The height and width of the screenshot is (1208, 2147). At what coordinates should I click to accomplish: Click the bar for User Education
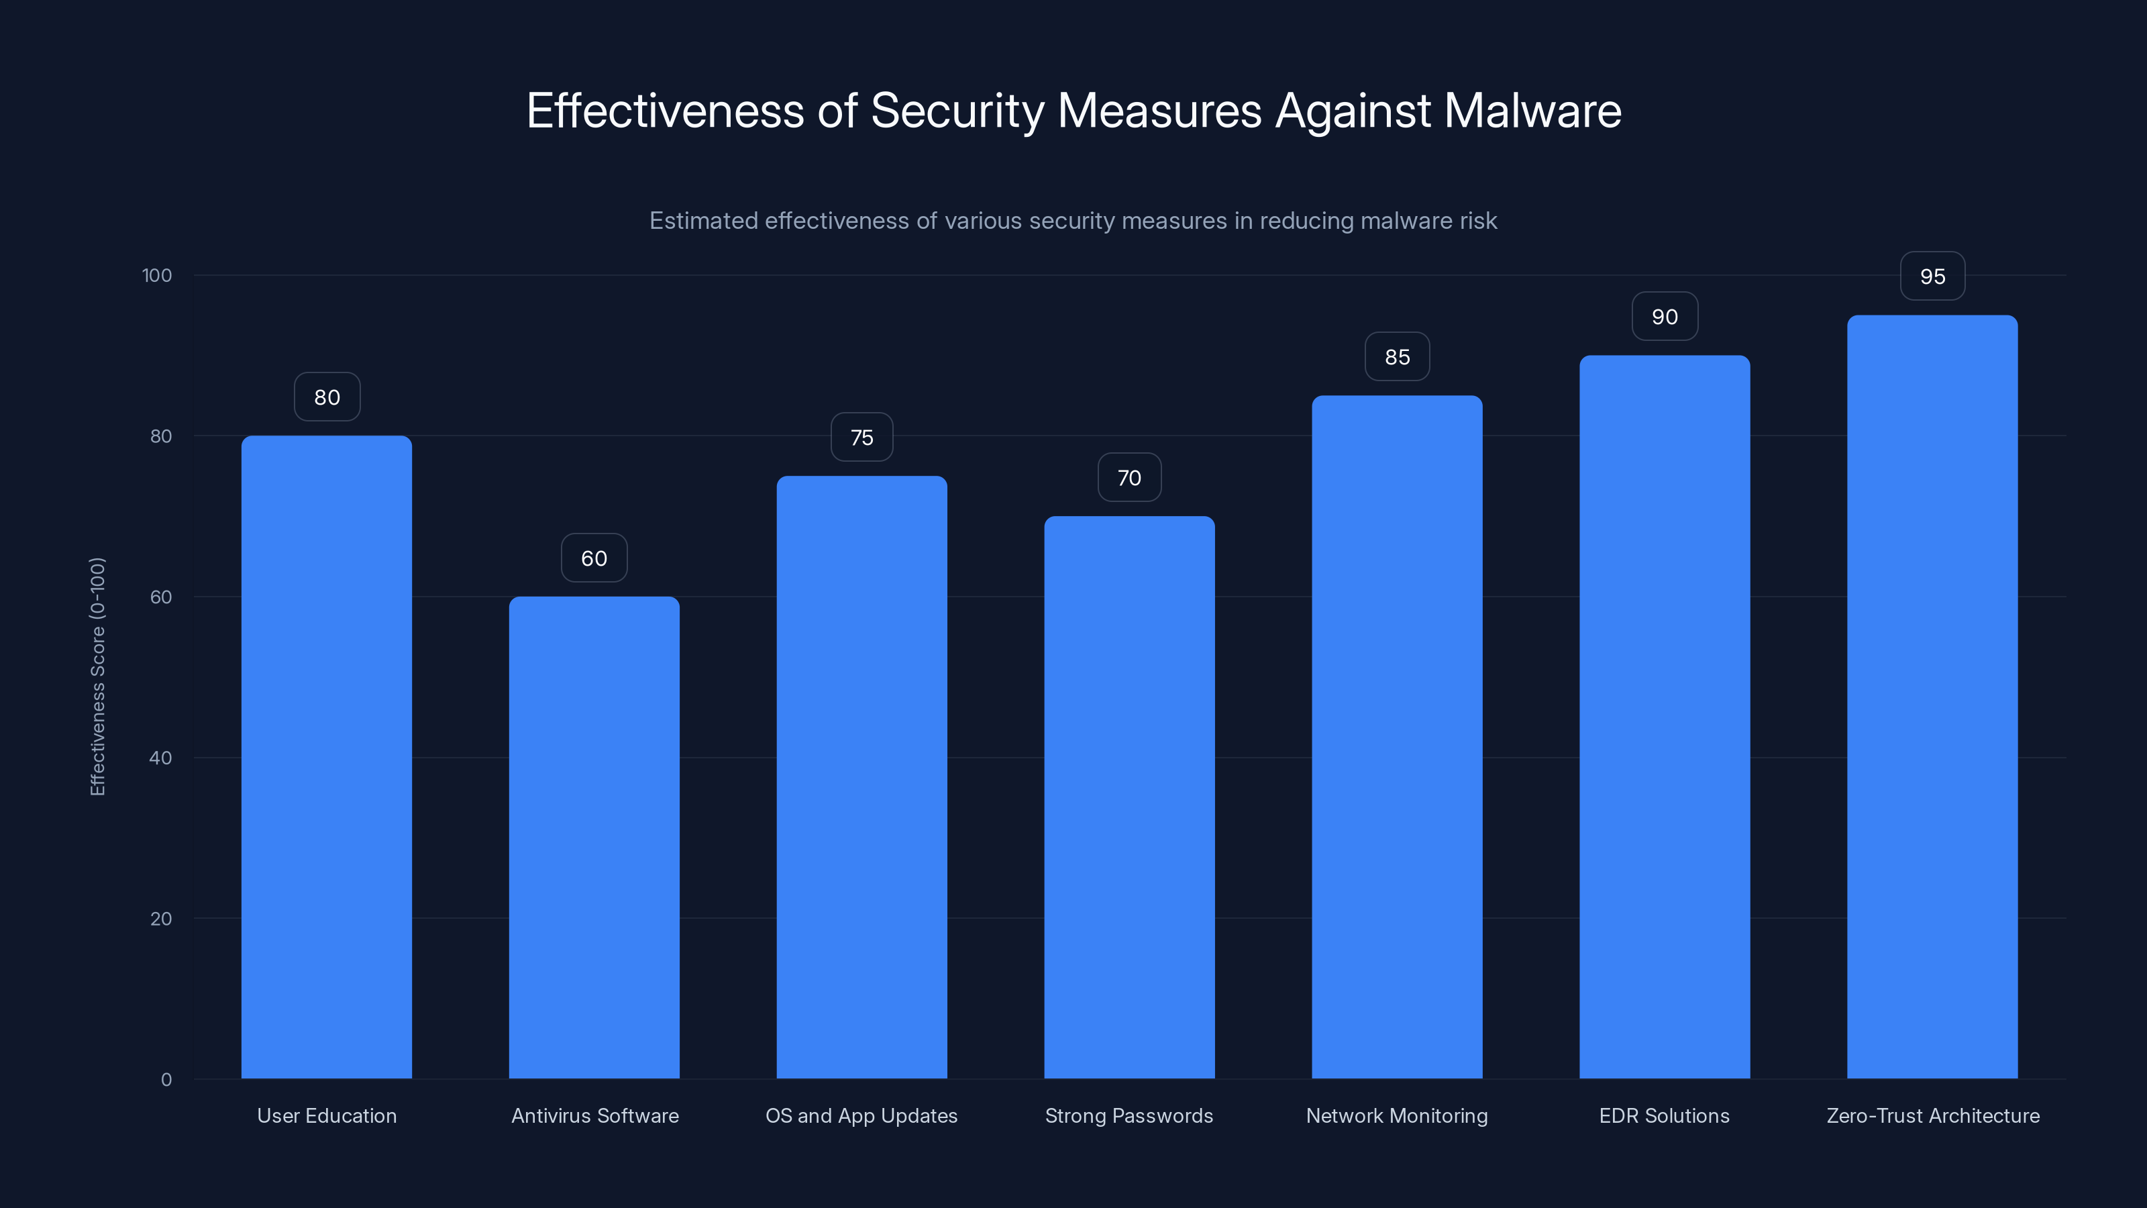pos(327,757)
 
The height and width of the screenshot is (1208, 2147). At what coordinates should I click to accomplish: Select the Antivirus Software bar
pos(594,837)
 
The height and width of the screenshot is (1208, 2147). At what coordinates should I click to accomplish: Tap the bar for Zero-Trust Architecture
pos(1932,697)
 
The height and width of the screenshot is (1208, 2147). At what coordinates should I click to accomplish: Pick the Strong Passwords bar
pos(1129,797)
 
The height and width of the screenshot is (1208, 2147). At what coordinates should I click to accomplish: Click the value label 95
pos(1932,276)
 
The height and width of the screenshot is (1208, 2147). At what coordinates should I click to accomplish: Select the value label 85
pos(1397,358)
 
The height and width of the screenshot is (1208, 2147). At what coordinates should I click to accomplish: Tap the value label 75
pos(861,438)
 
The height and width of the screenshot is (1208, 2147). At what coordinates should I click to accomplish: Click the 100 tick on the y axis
pos(157,276)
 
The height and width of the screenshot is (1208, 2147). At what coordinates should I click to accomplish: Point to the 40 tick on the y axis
pos(161,758)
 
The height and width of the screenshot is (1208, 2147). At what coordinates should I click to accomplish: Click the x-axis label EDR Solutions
pos(1664,1115)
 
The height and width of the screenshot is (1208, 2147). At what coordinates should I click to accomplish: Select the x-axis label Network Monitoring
pos(1396,1115)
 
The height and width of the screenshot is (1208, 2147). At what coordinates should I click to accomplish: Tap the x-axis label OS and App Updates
pos(861,1115)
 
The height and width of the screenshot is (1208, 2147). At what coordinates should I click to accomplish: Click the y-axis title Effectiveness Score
pos(97,676)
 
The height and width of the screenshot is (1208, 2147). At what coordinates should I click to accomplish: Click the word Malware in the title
pos(1532,111)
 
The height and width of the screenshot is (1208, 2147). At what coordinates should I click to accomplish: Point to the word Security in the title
pos(957,111)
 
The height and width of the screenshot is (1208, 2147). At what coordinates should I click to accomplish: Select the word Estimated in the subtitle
pos(702,221)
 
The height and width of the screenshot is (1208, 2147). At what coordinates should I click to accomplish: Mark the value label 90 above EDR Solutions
pos(1665,317)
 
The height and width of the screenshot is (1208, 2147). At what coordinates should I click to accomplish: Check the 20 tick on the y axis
pos(161,919)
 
